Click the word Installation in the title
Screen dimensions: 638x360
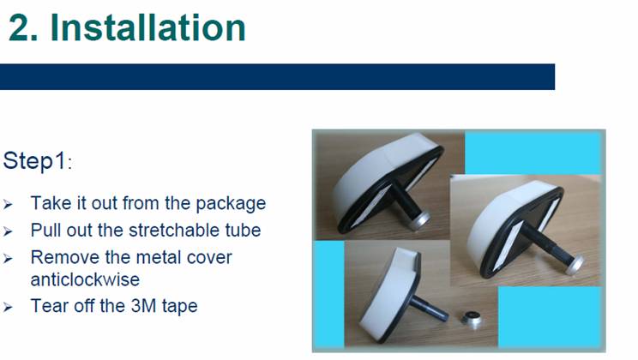(x=148, y=27)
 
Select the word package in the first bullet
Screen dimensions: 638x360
(x=231, y=203)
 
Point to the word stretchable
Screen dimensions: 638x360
(x=174, y=231)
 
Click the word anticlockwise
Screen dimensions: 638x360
(x=85, y=279)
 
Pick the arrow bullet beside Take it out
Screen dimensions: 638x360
(x=8, y=205)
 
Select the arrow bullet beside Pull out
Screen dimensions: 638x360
(x=8, y=231)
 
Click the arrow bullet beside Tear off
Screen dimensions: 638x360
(x=8, y=307)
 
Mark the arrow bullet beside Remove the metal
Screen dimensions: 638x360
(x=8, y=259)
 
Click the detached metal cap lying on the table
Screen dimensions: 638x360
(x=472, y=318)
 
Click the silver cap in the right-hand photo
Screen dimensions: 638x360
(x=574, y=264)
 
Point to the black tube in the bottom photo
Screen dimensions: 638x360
(x=429, y=308)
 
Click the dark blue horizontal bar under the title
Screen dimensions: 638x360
(x=277, y=76)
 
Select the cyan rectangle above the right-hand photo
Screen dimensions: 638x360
(x=533, y=153)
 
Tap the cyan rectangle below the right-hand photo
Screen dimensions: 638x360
(x=550, y=316)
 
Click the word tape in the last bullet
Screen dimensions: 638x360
(x=179, y=306)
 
